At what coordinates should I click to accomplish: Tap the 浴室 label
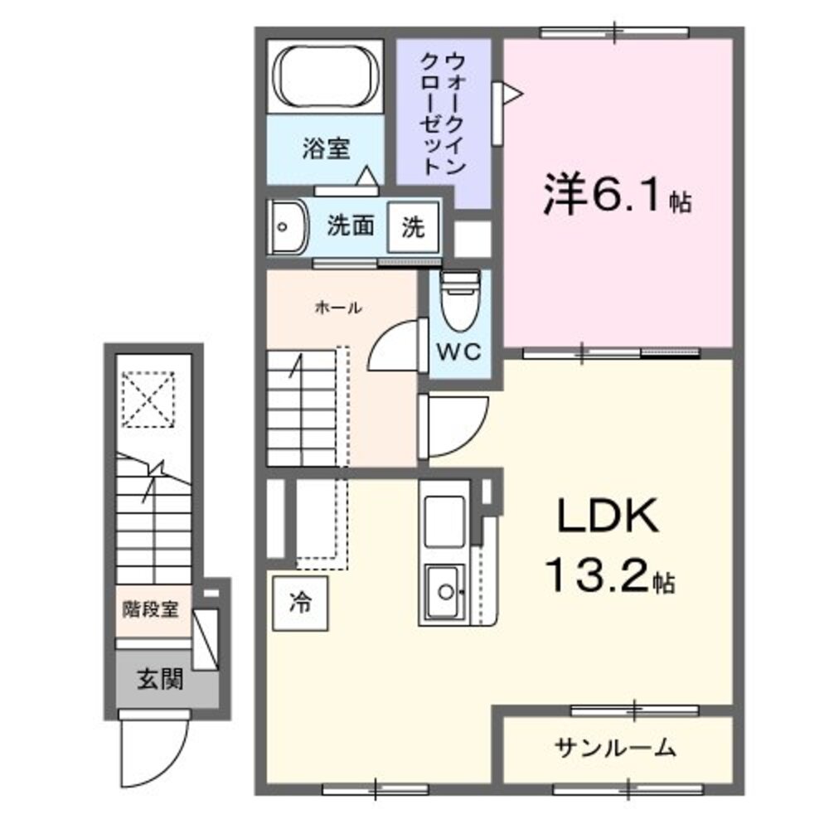coord(326,149)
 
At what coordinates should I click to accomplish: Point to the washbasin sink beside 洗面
coord(287,226)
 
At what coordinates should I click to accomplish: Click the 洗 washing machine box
coord(413,226)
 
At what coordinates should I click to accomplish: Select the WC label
coord(459,351)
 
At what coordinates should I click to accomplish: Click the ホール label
coord(337,308)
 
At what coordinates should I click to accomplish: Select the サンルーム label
coord(615,749)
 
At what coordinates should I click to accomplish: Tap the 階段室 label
coord(151,609)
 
